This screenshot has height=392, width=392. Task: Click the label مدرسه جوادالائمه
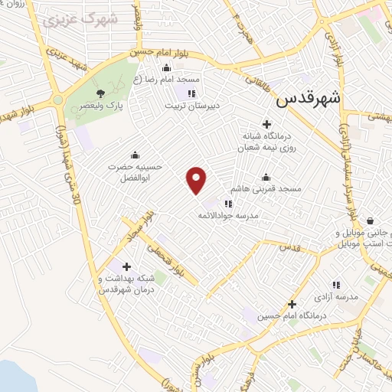click(x=229, y=217)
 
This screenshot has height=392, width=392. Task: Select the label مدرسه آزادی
click(x=332, y=296)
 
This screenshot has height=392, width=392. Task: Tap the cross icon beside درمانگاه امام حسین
click(x=292, y=304)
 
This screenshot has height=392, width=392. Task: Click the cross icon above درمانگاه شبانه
click(x=266, y=123)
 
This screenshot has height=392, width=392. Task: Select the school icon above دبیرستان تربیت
click(x=191, y=94)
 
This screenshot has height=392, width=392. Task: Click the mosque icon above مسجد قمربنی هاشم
click(x=265, y=176)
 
